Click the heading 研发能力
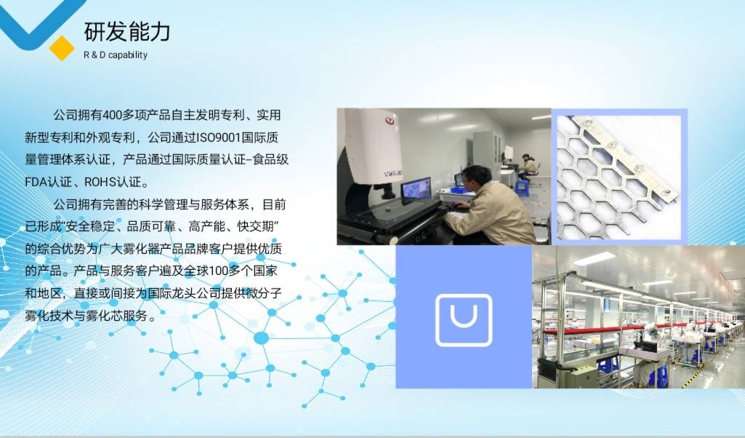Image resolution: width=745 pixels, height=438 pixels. (127, 31)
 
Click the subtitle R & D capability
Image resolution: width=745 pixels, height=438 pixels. (116, 55)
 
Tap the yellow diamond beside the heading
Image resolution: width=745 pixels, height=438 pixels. (62, 48)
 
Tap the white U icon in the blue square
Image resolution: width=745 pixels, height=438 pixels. (464, 320)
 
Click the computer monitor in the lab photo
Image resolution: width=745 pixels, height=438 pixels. (416, 188)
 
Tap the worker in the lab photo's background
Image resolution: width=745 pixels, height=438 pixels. (528, 166)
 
